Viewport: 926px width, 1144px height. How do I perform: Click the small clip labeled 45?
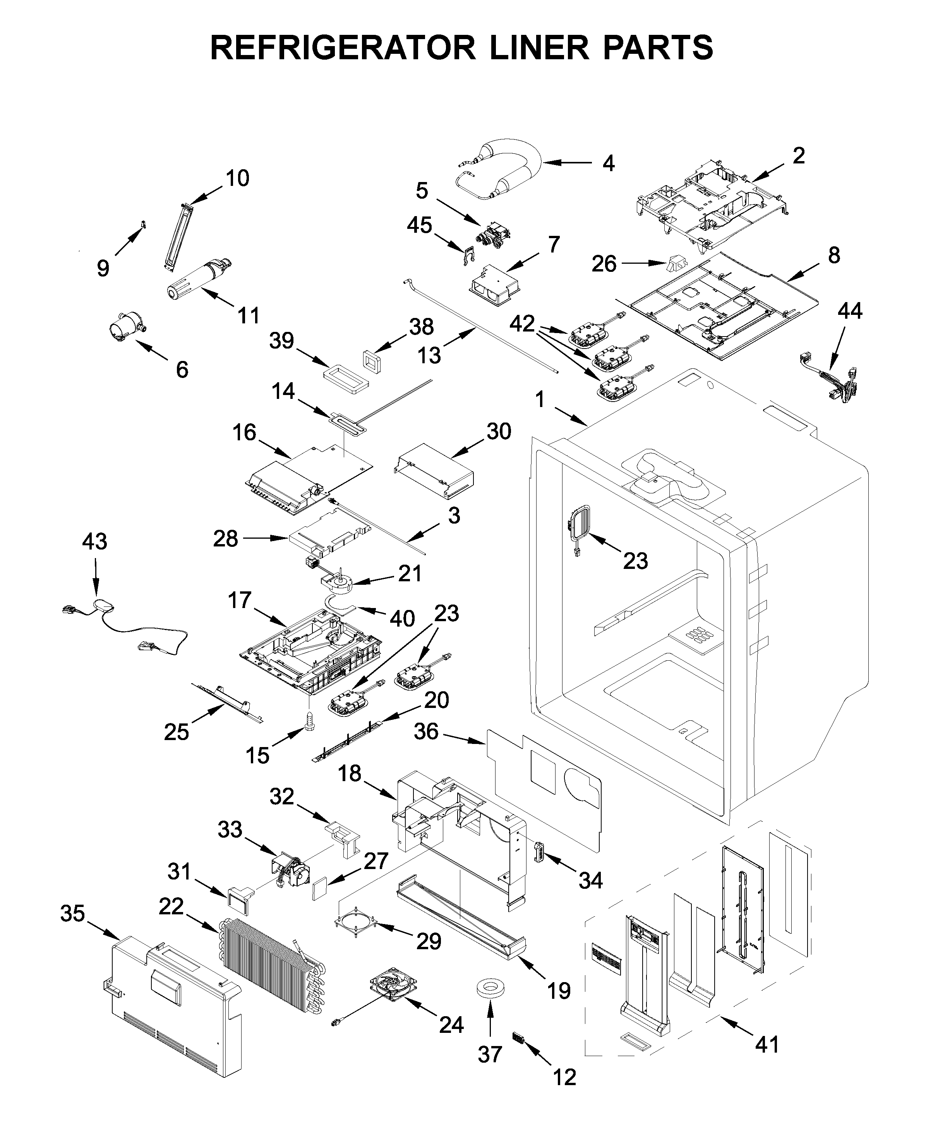tap(468, 257)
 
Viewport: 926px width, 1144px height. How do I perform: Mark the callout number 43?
tap(94, 541)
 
